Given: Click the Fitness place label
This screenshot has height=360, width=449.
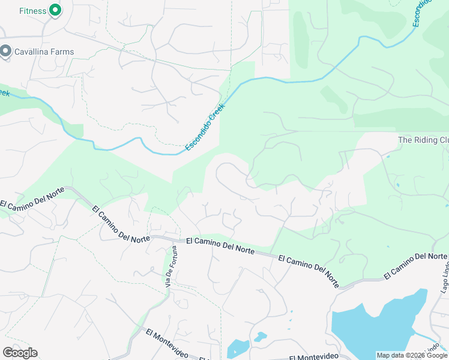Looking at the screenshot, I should point(32,11).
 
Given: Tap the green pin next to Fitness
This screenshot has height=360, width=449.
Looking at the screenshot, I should point(55,10).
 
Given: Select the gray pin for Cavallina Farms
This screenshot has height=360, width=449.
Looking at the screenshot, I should point(6,52).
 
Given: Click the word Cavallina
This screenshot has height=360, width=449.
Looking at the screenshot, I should point(34,52).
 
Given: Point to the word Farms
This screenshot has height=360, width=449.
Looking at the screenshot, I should point(63,52).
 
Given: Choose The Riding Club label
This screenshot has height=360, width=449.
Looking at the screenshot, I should point(423,140).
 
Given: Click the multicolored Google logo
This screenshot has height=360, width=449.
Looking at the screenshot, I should point(20,352).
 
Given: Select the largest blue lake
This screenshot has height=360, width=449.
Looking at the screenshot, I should point(372,324).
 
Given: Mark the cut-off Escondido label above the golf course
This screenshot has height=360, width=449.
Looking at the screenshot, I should point(423,12).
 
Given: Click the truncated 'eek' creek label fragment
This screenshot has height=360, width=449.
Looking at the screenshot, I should point(5,93).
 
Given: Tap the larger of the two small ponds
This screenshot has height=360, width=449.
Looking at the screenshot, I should point(238,347).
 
